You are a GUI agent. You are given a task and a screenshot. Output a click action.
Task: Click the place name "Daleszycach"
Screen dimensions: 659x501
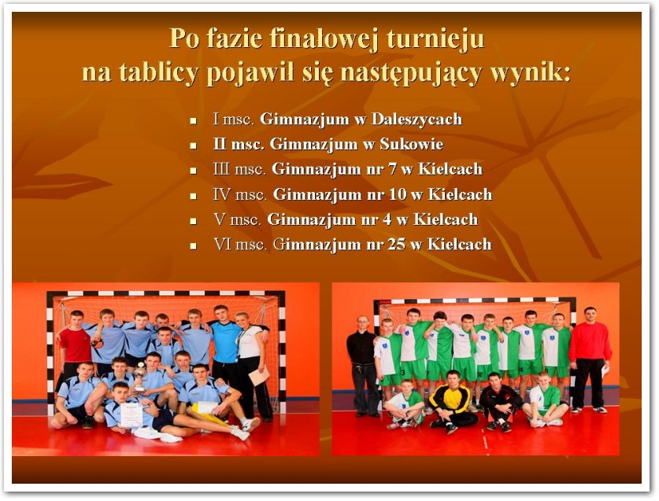tap(417, 120)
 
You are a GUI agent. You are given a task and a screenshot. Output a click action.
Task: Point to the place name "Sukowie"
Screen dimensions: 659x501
tap(412, 145)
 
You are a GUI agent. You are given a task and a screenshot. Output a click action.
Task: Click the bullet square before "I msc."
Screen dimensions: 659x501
tap(194, 121)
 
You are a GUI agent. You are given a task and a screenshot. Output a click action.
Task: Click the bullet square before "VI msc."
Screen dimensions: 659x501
tap(194, 246)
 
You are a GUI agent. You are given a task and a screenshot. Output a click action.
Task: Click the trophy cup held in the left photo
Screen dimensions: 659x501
tap(139, 377)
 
